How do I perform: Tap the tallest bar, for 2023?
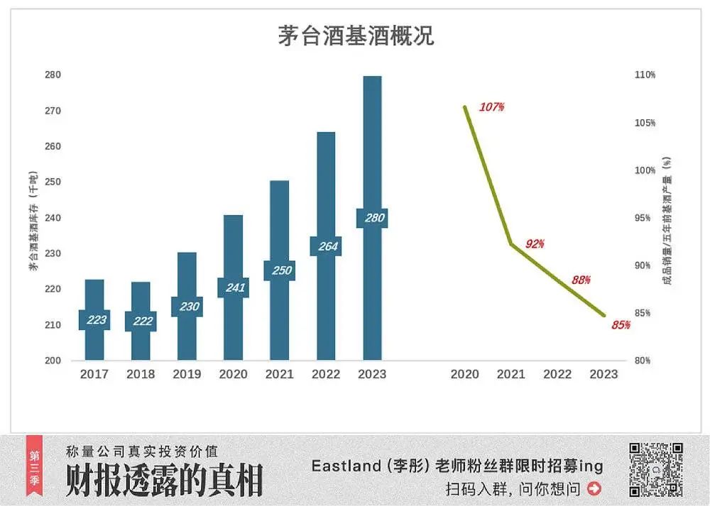(x=372, y=142)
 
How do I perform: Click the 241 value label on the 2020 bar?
(x=234, y=287)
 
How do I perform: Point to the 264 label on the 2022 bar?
(x=326, y=246)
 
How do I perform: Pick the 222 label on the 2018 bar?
(x=141, y=321)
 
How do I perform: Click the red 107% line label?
(x=491, y=107)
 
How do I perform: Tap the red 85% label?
(x=621, y=325)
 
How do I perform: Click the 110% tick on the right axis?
(x=645, y=75)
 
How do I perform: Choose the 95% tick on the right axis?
(x=645, y=218)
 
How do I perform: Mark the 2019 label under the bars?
(x=187, y=374)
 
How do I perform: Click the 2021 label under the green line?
(x=511, y=374)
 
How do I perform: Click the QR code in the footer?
(x=656, y=469)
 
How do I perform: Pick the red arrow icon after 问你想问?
(x=594, y=488)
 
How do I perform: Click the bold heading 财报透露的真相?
(x=164, y=480)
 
